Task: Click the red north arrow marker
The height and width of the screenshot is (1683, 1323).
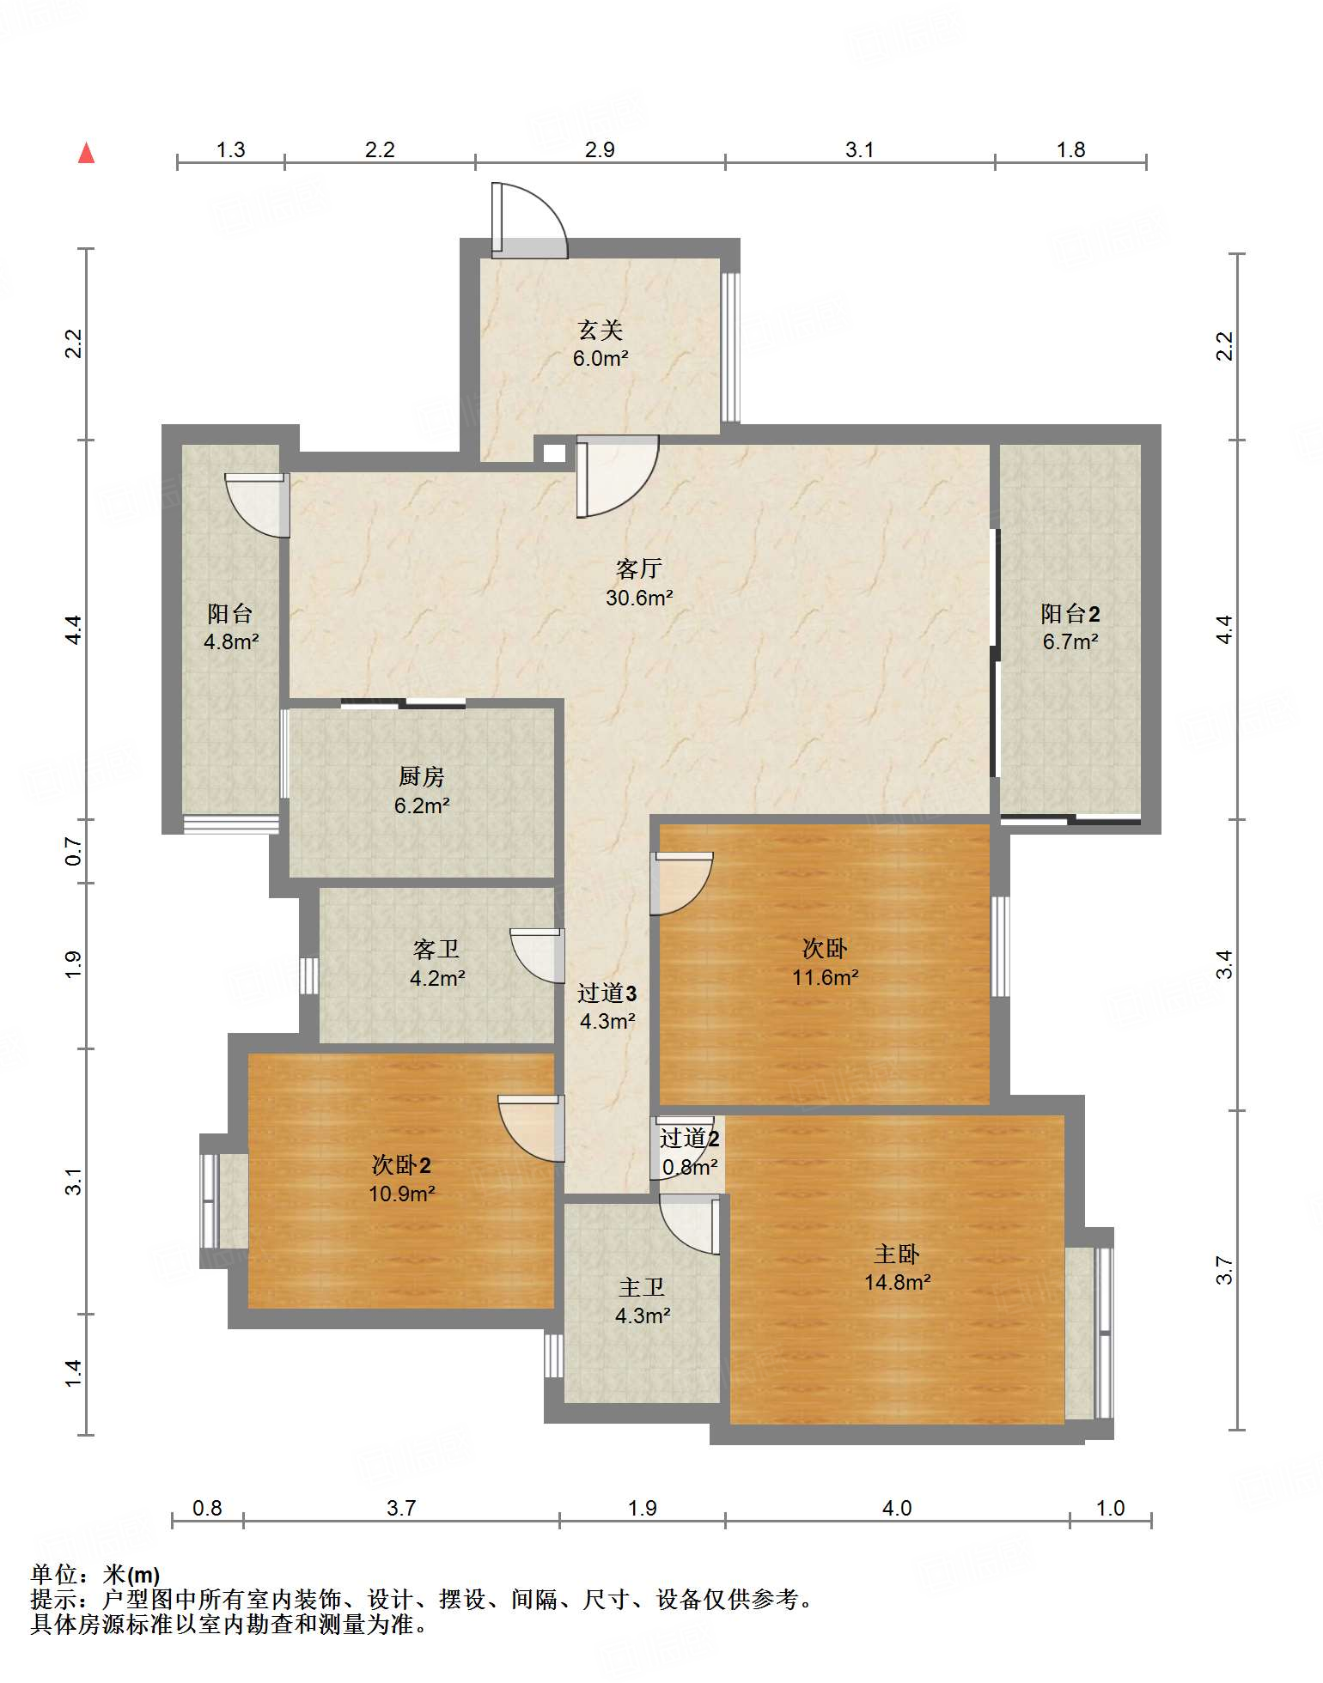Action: [x=86, y=153]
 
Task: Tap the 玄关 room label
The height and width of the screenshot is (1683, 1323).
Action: [x=600, y=330]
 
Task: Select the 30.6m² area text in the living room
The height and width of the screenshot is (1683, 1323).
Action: [x=639, y=598]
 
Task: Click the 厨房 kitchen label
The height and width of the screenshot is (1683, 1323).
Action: [x=422, y=776]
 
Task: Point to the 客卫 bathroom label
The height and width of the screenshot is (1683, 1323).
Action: [x=436, y=949]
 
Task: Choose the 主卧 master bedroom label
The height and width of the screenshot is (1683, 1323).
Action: [x=897, y=1255]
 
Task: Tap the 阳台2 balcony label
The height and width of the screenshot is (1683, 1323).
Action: [x=1070, y=613]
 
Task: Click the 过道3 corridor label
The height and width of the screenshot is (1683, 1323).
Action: [x=607, y=993]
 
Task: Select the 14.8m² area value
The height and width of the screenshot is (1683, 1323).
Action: [x=898, y=1282]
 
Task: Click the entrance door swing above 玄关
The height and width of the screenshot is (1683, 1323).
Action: [x=529, y=220]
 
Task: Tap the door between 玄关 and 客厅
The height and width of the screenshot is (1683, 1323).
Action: [x=617, y=477]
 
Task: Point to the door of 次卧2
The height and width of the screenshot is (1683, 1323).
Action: [x=531, y=1128]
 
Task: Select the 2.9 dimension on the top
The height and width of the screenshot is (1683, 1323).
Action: [x=600, y=149]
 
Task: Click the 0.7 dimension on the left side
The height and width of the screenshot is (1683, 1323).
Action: [x=74, y=851]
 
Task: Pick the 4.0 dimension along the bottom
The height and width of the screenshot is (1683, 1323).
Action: [x=897, y=1508]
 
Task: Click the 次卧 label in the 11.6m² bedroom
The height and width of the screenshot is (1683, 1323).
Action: [x=825, y=948]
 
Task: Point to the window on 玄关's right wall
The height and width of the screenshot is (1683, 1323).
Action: [x=730, y=348]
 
